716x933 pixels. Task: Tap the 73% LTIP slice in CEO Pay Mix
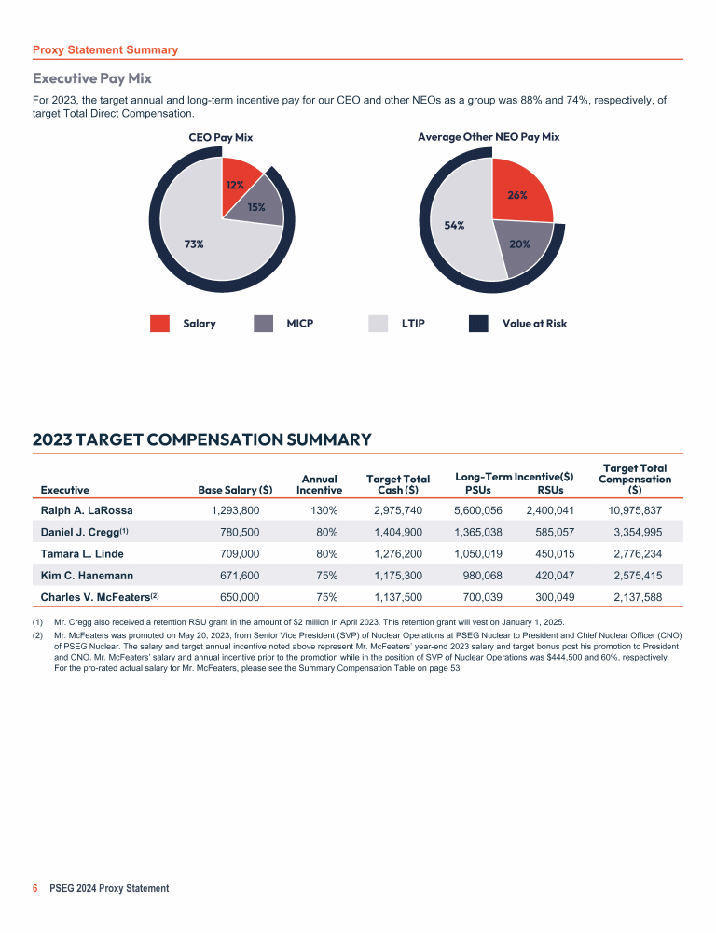194,244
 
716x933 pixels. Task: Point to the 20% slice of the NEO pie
518,244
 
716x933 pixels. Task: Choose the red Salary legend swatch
159,324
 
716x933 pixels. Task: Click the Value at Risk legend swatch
478,324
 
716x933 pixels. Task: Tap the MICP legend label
300,324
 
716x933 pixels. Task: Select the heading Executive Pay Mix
92,78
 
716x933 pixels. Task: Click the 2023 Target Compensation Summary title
202,439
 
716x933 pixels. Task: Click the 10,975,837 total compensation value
635,510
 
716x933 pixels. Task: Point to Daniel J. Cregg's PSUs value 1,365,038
478,532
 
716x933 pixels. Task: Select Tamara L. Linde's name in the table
76,553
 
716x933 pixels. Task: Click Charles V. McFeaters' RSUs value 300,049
550,596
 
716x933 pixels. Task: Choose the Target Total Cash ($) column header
398,483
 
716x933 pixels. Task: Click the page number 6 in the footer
35,888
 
